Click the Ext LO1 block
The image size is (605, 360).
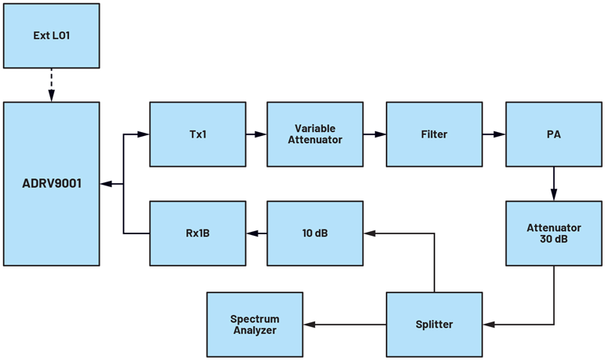coord(52,35)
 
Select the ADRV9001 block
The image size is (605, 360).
coord(52,184)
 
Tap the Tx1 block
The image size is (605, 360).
coord(197,134)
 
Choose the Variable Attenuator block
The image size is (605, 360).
coord(315,134)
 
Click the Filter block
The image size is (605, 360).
coord(434,134)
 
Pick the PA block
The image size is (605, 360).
coord(553,134)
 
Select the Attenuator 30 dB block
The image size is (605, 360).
coord(553,233)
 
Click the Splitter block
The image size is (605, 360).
coord(434,324)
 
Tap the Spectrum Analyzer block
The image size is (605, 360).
coord(255,324)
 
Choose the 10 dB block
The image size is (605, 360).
coord(315,233)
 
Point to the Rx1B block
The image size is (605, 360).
coord(197,233)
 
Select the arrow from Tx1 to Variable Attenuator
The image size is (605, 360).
coord(255,134)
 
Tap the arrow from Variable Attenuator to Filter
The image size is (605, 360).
coord(374,134)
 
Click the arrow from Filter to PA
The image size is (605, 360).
coord(493,134)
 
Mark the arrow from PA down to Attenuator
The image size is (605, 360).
coord(553,184)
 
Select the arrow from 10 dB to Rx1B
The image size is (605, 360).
coord(255,233)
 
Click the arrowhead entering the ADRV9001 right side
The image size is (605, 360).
coord(106,184)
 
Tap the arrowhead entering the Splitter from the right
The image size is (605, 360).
coord(488,325)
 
